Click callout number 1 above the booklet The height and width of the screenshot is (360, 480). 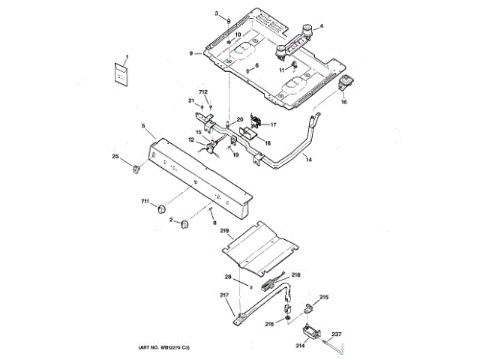[127, 57]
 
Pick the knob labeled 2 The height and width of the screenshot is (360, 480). [184, 224]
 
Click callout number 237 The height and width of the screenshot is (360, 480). [337, 334]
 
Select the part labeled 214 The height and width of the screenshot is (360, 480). [307, 331]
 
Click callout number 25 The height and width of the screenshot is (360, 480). [115, 156]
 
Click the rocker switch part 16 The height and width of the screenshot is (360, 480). [347, 84]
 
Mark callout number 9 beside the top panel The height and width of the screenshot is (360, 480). [191, 53]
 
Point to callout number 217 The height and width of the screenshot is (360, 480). [223, 295]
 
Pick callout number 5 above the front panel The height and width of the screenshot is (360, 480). [142, 126]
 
